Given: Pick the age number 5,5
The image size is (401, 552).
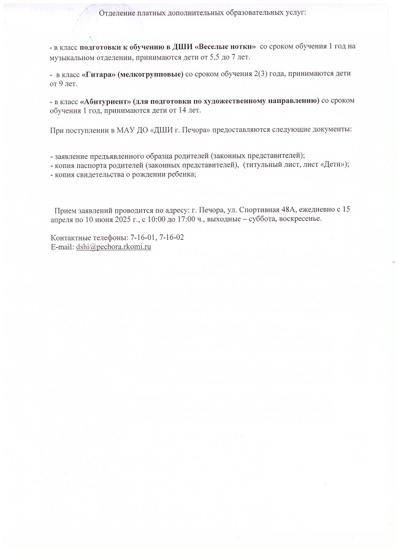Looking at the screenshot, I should pyautogui.click(x=199, y=56).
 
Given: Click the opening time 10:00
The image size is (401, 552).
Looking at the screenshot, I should pyautogui.click(x=159, y=218).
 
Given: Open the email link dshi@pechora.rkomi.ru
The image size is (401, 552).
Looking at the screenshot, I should pyautogui.click(x=113, y=247).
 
